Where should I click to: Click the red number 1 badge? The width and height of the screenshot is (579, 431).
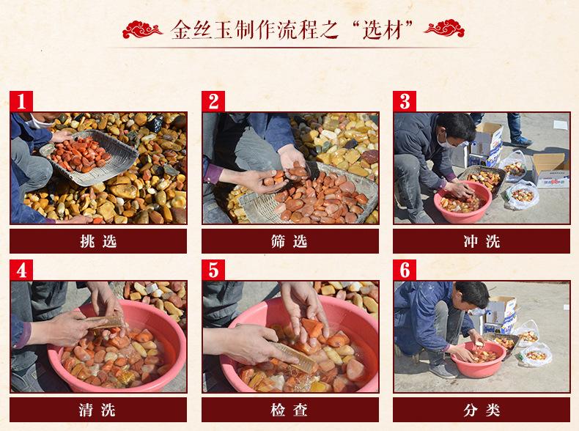pyautogui.click(x=21, y=101)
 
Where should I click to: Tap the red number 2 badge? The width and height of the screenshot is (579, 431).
pyautogui.click(x=213, y=101)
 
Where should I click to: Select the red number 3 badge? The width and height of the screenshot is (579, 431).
pyautogui.click(x=405, y=101)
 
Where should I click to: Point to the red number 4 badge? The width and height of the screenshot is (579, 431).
pyautogui.click(x=21, y=270)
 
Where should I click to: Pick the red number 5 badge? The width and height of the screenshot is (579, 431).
pyautogui.click(x=213, y=270)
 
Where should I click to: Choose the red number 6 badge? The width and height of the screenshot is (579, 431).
pyautogui.click(x=405, y=270)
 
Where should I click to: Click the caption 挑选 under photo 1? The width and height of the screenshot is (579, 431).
pyautogui.click(x=98, y=242)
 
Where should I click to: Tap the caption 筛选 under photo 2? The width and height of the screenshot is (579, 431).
pyautogui.click(x=289, y=242)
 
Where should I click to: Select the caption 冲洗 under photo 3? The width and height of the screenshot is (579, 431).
pyautogui.click(x=482, y=242)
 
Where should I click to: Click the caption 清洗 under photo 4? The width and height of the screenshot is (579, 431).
pyautogui.click(x=97, y=410)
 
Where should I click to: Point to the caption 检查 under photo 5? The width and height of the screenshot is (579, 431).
pyautogui.click(x=289, y=410)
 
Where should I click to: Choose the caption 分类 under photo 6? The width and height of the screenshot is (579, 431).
pyautogui.click(x=482, y=410)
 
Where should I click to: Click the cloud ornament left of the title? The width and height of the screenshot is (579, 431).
pyautogui.click(x=142, y=29)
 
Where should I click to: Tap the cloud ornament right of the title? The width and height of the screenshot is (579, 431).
pyautogui.click(x=444, y=29)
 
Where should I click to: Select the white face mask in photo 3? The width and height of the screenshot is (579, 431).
pyautogui.click(x=444, y=141)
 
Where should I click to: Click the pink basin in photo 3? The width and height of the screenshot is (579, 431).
pyautogui.click(x=462, y=202)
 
